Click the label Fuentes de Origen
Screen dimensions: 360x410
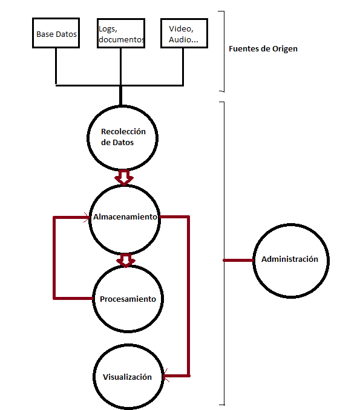tap(263, 49)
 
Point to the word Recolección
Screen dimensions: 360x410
tap(123, 131)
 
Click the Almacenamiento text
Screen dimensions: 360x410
tap(125, 216)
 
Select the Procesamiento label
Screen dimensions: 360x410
tap(128, 299)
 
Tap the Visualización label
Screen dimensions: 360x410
tap(127, 377)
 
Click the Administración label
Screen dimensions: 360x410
tap(290, 259)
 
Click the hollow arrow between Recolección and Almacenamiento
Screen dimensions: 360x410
tap(124, 178)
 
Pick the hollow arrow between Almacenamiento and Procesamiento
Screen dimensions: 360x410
tap(126, 260)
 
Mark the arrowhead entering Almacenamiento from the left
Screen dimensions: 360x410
tap(87, 217)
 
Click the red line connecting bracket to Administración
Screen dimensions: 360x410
tap(238, 260)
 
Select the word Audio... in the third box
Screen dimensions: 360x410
tap(183, 39)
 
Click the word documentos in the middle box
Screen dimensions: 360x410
tap(122, 40)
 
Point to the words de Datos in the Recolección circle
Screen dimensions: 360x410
tap(117, 143)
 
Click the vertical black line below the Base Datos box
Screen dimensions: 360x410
tap(56, 66)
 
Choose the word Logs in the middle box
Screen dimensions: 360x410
tap(108, 29)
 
